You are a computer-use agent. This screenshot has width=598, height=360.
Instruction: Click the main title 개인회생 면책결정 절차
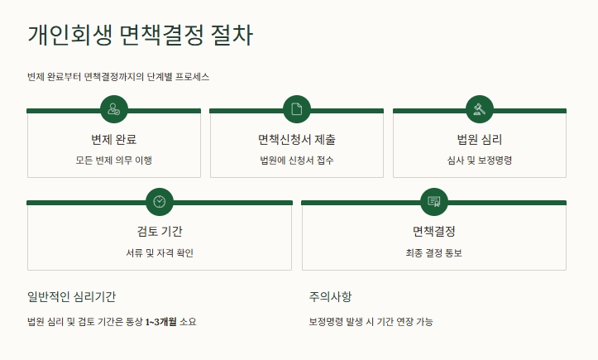140,36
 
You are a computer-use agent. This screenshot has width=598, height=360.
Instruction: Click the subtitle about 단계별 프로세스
118,77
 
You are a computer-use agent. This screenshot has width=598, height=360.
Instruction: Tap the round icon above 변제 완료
113,109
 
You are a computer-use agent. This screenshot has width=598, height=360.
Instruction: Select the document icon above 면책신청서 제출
297,109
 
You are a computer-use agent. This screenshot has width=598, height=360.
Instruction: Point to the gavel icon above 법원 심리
480,109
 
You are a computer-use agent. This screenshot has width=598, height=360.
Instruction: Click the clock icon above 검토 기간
160,201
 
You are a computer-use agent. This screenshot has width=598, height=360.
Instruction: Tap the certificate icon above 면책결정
434,201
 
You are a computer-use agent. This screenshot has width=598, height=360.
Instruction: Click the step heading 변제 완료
113,139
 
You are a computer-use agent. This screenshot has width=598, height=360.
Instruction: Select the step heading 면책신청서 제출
297,139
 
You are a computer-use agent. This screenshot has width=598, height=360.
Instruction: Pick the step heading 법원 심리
480,139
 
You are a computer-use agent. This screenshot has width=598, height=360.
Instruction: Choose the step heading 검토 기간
160,231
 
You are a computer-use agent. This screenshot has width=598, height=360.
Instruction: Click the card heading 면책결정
434,231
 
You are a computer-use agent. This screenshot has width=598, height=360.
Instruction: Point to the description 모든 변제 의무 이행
113,160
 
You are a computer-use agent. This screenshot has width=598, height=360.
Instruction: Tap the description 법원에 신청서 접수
297,160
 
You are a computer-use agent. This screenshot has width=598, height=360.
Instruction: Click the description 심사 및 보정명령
480,160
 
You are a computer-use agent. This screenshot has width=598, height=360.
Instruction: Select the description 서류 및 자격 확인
160,252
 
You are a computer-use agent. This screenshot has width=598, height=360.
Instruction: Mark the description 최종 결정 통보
434,252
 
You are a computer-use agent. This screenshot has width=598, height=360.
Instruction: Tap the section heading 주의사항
331,296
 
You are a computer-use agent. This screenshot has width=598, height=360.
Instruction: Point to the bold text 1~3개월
162,321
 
